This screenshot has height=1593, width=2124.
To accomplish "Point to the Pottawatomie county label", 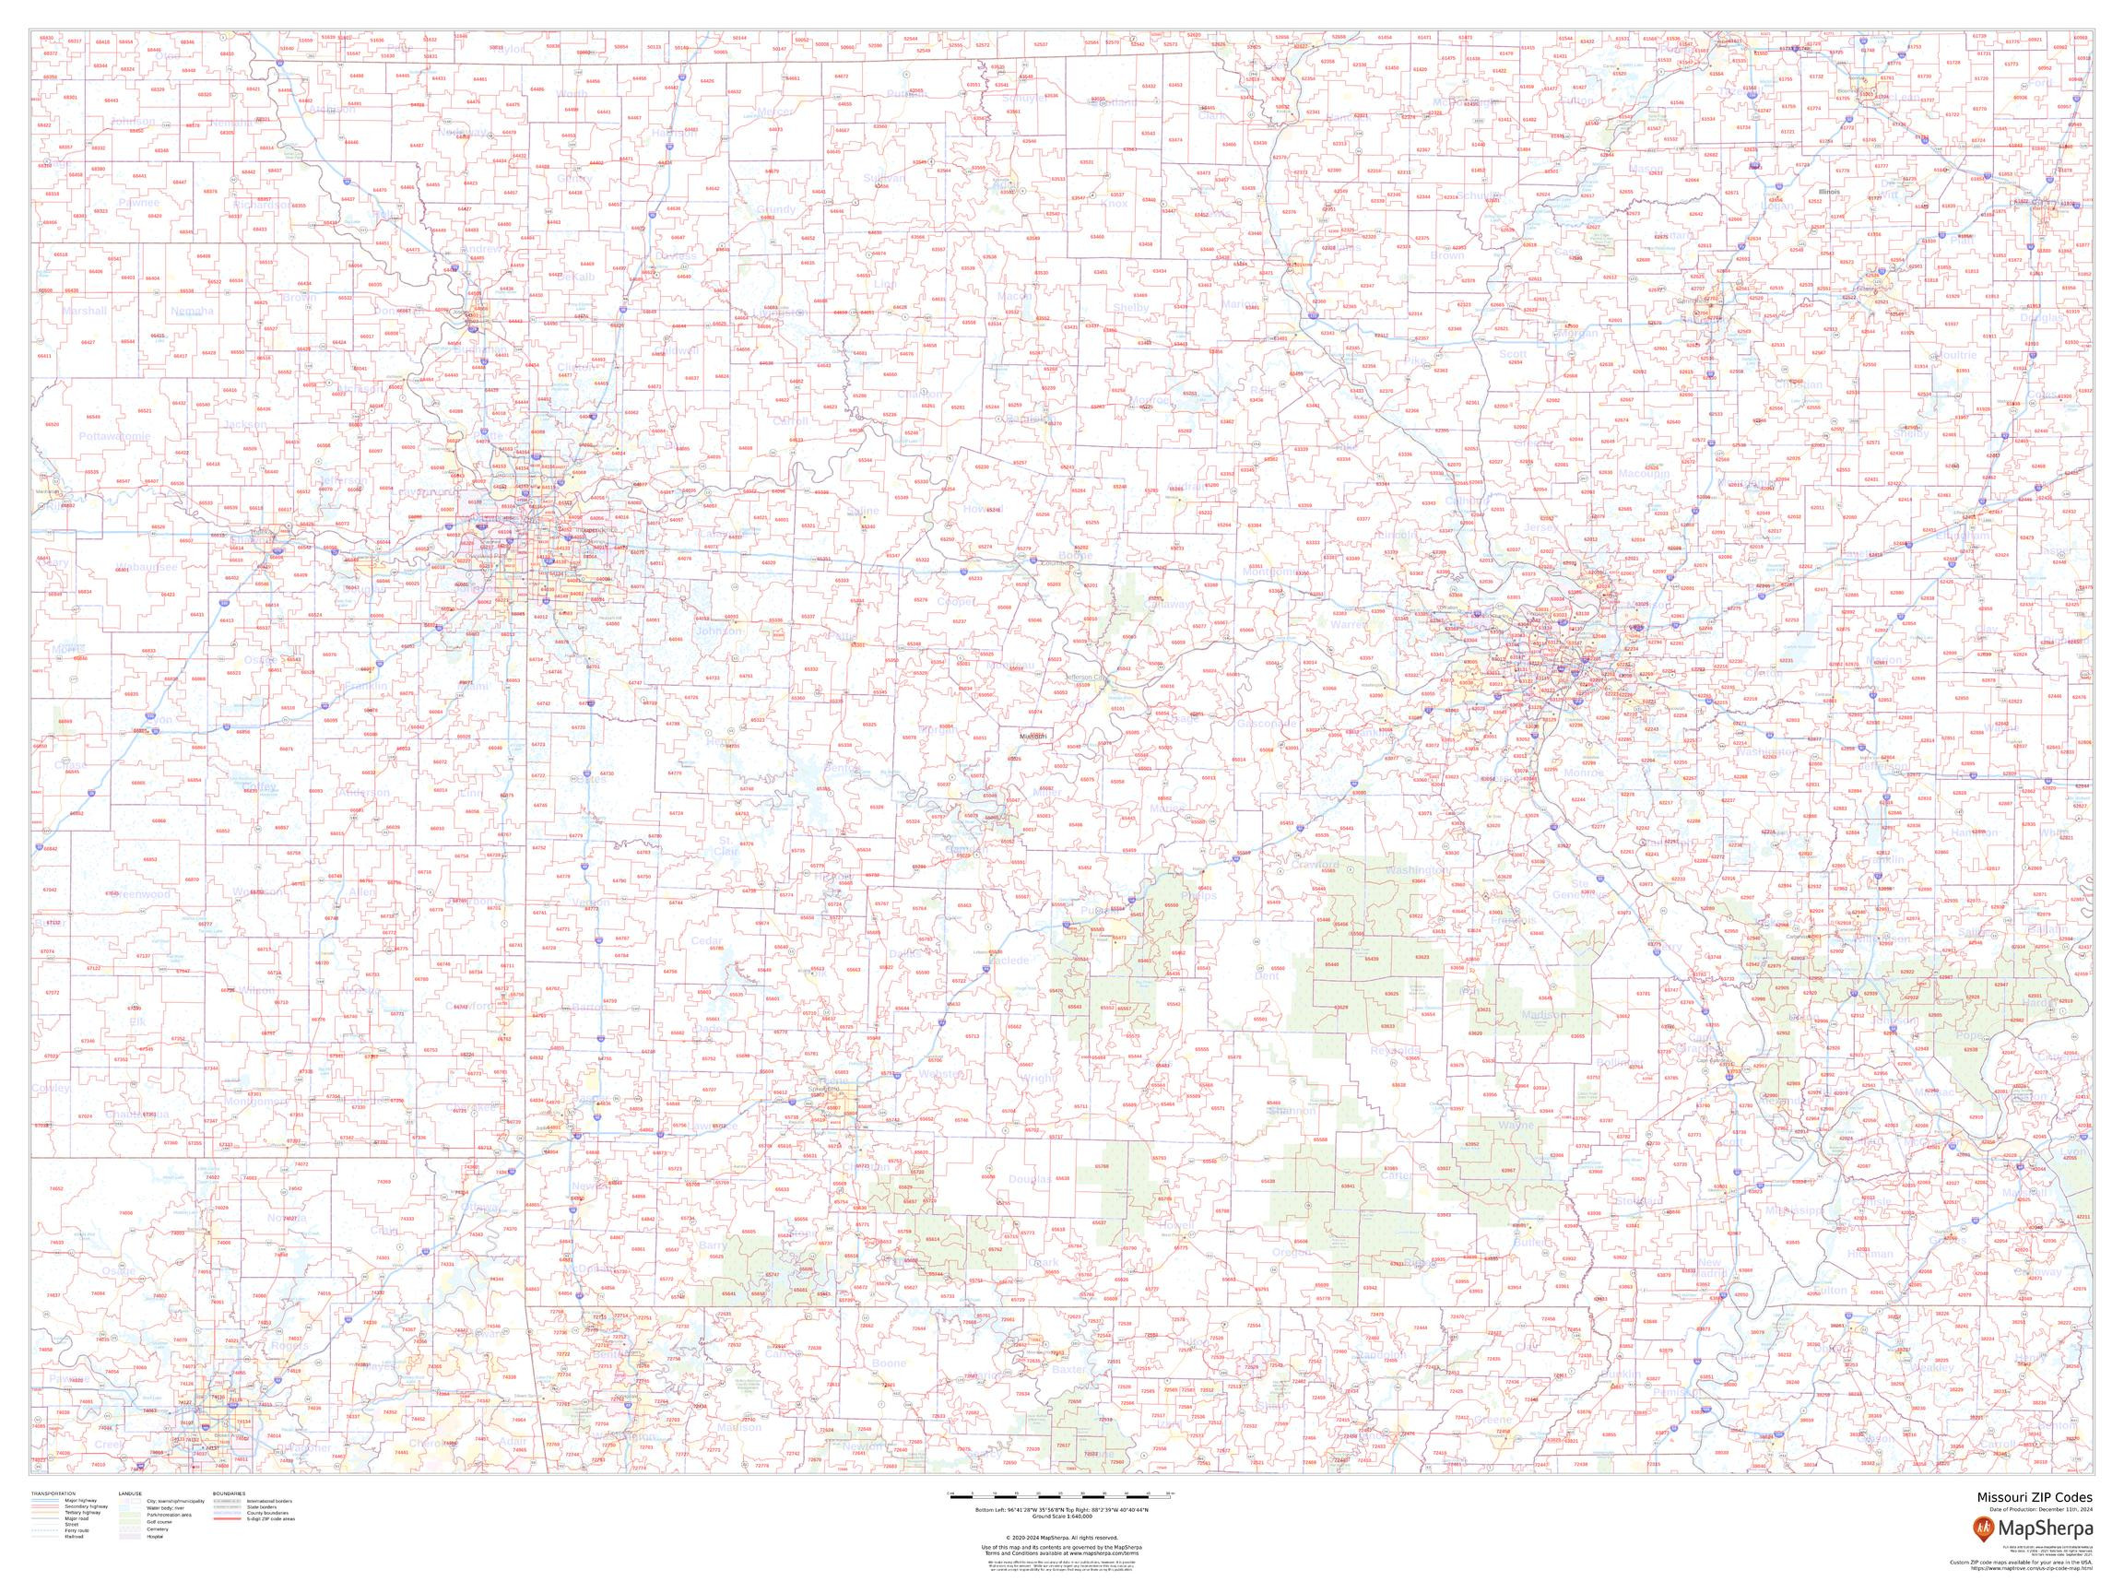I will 114,436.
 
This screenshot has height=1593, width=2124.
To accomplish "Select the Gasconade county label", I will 1268,722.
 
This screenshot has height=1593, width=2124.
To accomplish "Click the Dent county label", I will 1268,975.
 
